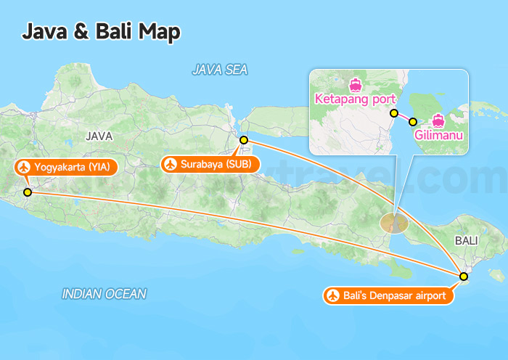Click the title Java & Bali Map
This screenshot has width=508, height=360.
pos(101,32)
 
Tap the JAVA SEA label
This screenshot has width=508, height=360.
pos(220,70)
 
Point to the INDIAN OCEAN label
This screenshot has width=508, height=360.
pos(104,294)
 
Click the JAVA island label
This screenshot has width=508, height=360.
pos(99,136)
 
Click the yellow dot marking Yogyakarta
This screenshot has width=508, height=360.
pos(28,192)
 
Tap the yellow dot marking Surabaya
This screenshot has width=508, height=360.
pos(244,139)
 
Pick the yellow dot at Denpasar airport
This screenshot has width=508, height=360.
pos(464,276)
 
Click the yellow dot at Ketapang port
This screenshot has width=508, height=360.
pos(394,113)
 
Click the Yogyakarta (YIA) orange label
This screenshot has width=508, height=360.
pos(65,168)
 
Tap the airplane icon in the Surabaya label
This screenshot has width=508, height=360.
pos(171,164)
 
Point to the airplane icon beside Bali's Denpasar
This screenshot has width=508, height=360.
pos(334,295)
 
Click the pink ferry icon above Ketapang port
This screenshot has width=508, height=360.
pos(355,83)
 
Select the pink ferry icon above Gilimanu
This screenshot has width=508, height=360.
pos(438,120)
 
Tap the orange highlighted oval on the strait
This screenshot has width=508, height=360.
pos(394,222)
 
